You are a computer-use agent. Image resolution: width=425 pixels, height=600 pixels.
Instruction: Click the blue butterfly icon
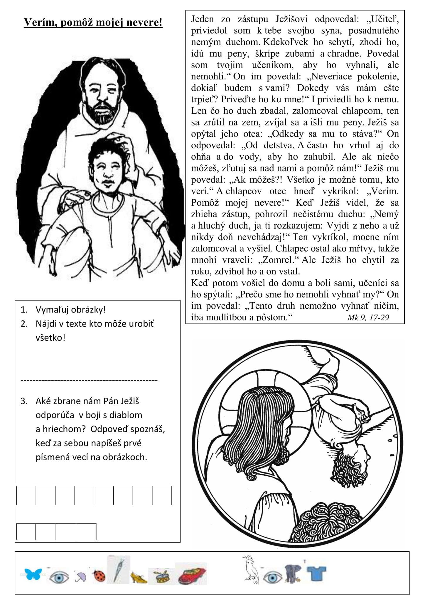point(33,574)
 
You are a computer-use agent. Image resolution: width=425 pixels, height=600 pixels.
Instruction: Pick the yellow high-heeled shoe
point(138,577)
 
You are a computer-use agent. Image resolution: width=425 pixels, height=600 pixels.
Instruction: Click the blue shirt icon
point(316,573)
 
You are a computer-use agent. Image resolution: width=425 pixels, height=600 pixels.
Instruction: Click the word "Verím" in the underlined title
point(40,22)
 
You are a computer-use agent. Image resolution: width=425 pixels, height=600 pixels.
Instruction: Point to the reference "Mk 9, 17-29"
point(368,317)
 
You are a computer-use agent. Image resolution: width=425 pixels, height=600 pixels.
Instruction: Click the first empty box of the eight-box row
point(26,495)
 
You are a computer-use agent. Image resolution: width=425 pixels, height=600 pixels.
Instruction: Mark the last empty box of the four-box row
point(86,531)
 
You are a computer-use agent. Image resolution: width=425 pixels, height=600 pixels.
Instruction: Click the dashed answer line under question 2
point(89,380)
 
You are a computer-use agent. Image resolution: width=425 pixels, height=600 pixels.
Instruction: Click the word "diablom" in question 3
point(124,415)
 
